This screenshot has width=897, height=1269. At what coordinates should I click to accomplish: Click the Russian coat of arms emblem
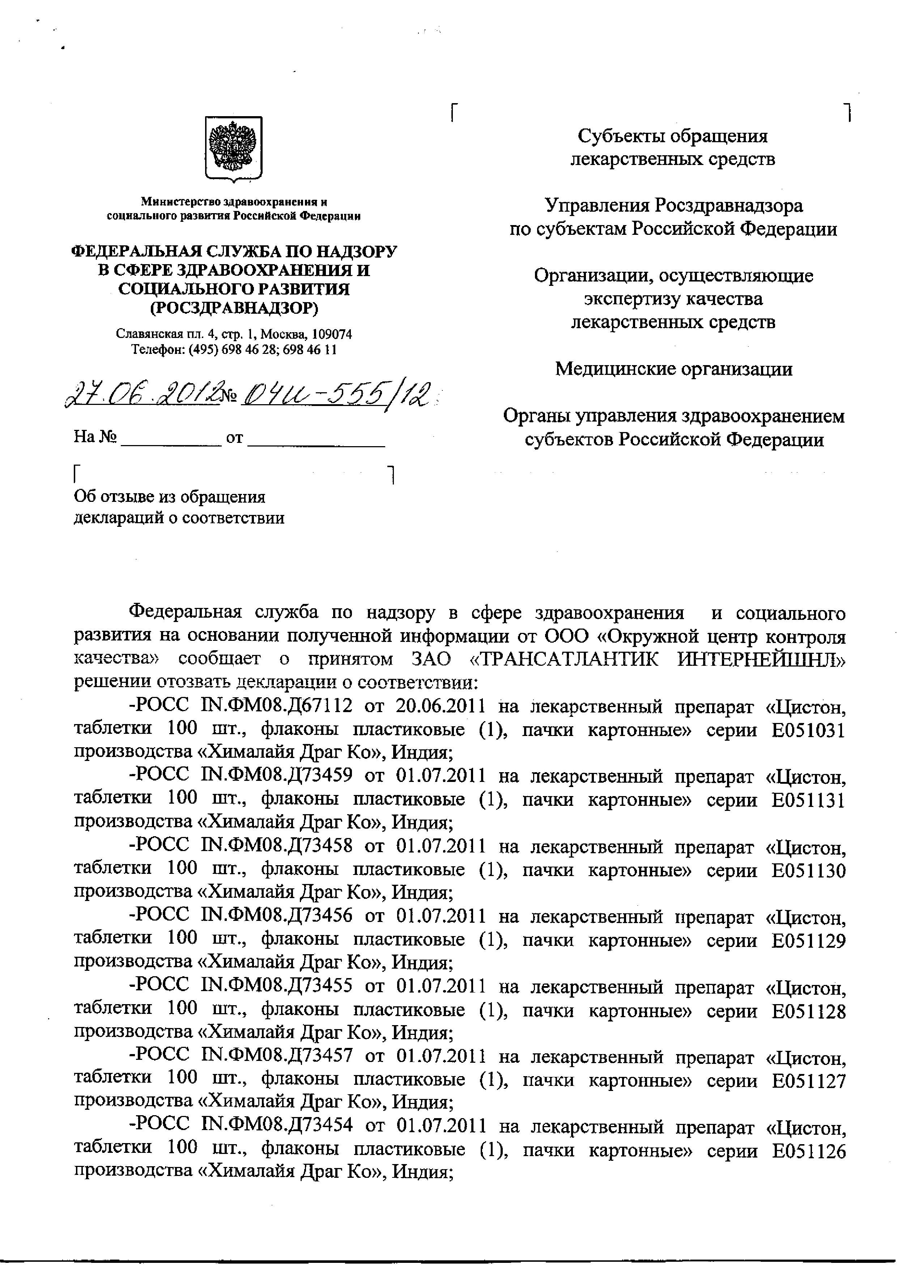pos(234,148)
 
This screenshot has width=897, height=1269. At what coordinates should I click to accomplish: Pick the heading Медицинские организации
pos(673,369)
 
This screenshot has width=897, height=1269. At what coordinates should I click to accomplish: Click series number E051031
pos(809,731)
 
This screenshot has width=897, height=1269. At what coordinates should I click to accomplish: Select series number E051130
pos(809,871)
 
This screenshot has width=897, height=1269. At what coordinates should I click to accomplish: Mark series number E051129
pos(809,941)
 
